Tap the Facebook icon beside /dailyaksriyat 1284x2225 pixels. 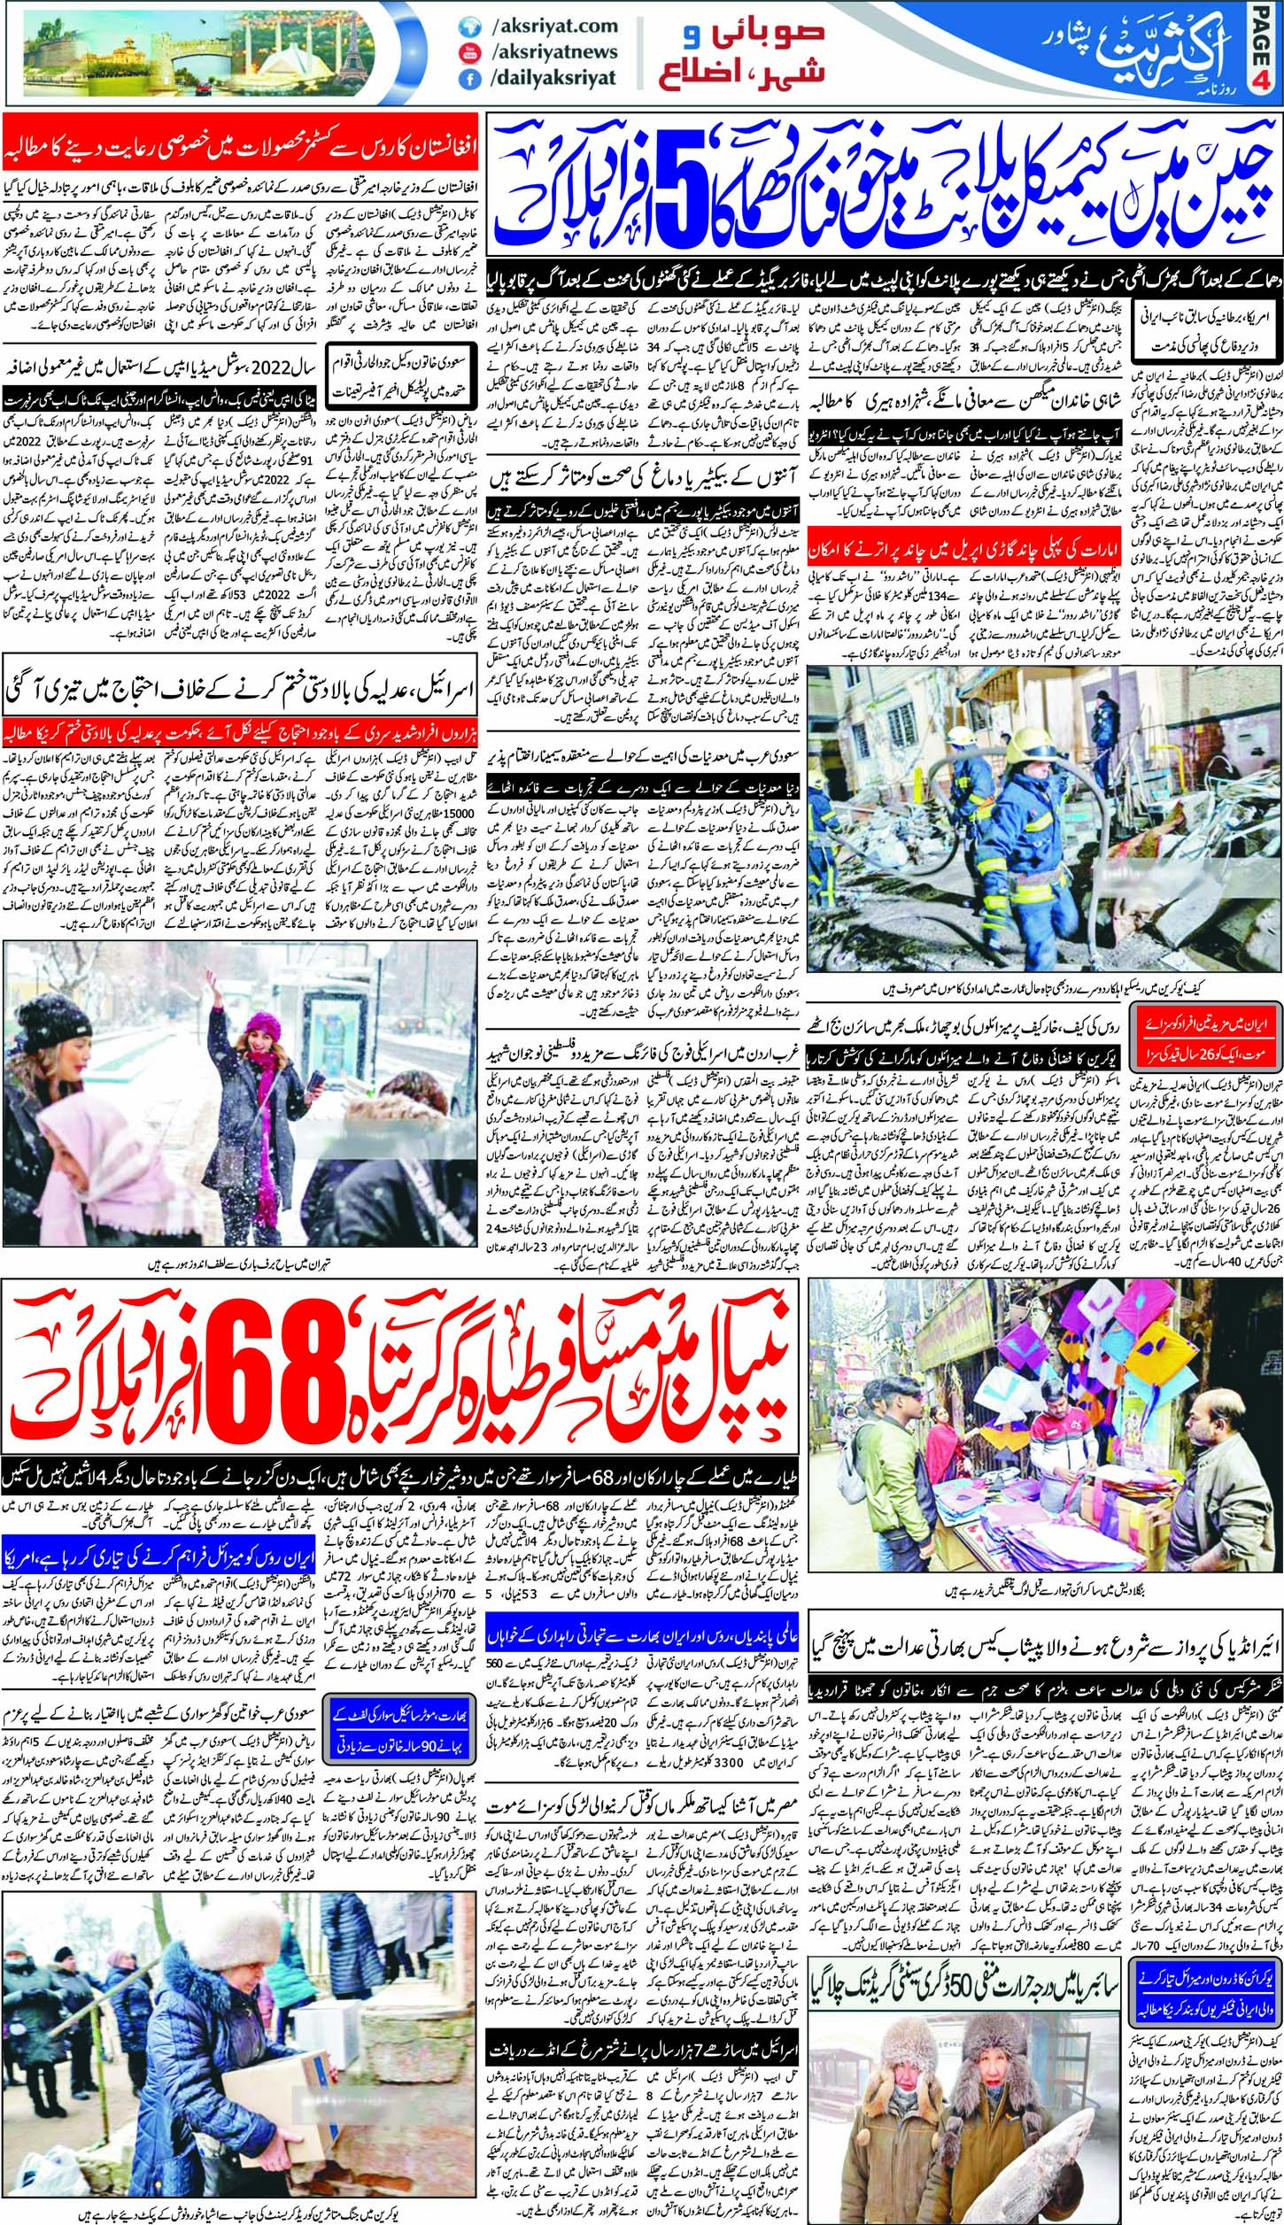(x=465, y=78)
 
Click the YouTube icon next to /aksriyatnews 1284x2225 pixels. (x=465, y=52)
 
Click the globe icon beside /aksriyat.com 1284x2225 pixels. (x=465, y=27)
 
